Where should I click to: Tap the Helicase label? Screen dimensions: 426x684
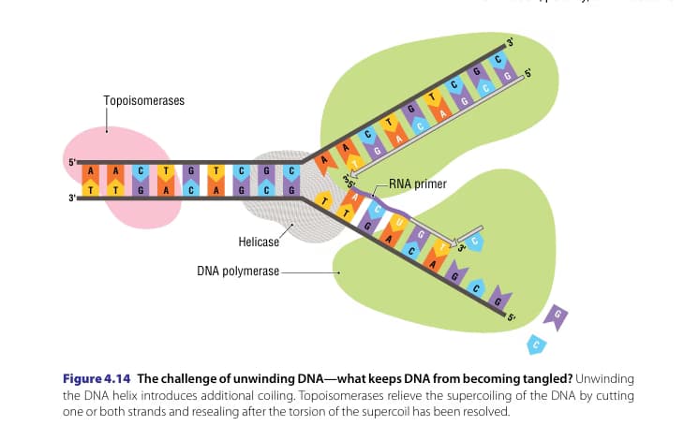click(259, 242)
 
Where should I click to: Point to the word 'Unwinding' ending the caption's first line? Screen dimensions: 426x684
click(603, 378)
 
